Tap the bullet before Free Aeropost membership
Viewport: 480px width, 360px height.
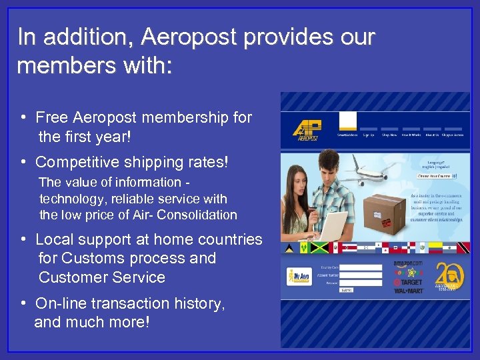[x=23, y=118]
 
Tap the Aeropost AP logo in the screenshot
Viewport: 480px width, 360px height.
[x=306, y=130]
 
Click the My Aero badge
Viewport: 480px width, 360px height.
[x=299, y=276]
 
